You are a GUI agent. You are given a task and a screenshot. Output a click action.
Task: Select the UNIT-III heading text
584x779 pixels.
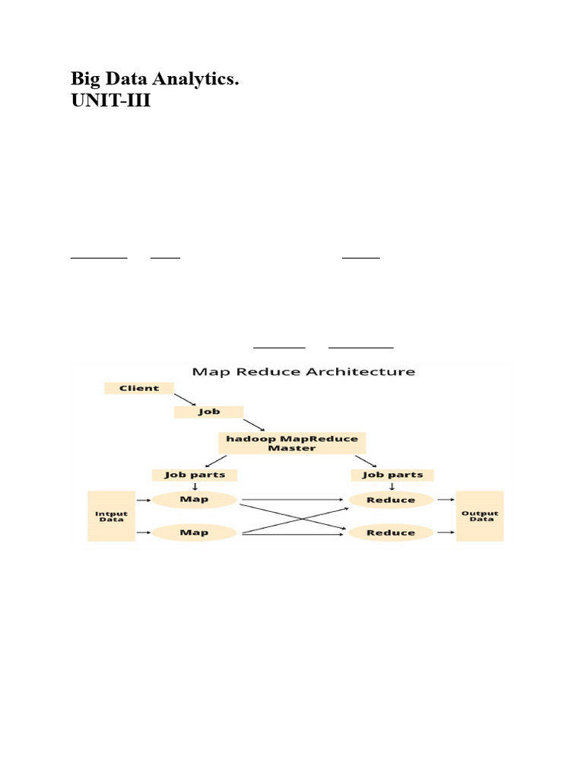111,100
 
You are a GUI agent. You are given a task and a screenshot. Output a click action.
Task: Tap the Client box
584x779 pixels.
139,388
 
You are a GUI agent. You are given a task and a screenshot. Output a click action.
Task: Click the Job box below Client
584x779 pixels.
209,412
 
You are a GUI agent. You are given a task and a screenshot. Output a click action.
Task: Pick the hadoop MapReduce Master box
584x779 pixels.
292,443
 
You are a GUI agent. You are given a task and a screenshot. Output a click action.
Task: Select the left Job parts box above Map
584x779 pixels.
194,475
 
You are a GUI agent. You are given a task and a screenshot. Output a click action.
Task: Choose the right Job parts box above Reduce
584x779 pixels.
392,475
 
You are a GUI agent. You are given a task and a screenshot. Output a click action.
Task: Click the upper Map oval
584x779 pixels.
194,500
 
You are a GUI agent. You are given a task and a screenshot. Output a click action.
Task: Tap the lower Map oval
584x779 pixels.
194,533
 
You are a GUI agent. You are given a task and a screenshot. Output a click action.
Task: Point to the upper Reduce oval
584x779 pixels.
391,500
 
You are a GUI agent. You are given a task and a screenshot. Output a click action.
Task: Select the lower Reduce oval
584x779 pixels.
391,533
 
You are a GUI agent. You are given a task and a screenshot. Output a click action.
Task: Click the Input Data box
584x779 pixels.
111,516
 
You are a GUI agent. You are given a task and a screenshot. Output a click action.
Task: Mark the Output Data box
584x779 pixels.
480,516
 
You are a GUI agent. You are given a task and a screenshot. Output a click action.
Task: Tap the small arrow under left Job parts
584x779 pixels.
194,487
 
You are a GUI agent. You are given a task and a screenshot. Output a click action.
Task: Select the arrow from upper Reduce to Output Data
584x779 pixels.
445,500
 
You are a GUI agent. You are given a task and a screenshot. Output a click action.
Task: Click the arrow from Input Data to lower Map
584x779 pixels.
142,533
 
